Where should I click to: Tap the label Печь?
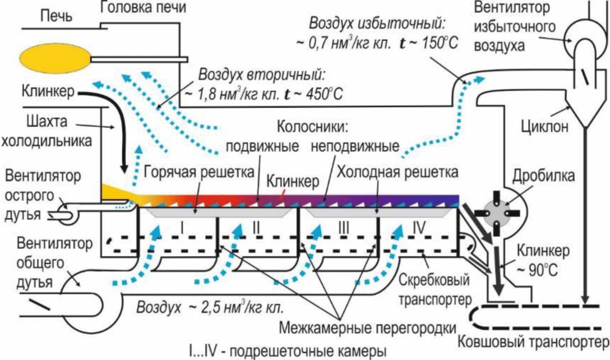pyautogui.click(x=57, y=17)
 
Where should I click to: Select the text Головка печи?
pyautogui.click(x=143, y=7)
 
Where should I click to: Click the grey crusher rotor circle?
pyautogui.click(x=497, y=214)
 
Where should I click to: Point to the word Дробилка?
pyautogui.click(x=543, y=176)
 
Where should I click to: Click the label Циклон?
pyautogui.click(x=544, y=127)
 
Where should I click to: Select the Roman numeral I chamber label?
pyautogui.click(x=182, y=227)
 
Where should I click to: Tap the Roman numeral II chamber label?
pyautogui.click(x=256, y=227)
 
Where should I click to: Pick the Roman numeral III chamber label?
pyautogui.click(x=344, y=227)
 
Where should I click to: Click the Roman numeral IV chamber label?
pyautogui.click(x=419, y=227)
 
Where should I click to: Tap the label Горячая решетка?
pyautogui.click(x=199, y=172)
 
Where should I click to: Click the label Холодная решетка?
pyautogui.click(x=397, y=172)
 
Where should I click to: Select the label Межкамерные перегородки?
pyautogui.click(x=368, y=327)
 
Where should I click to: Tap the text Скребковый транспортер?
pyautogui.click(x=435, y=289)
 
